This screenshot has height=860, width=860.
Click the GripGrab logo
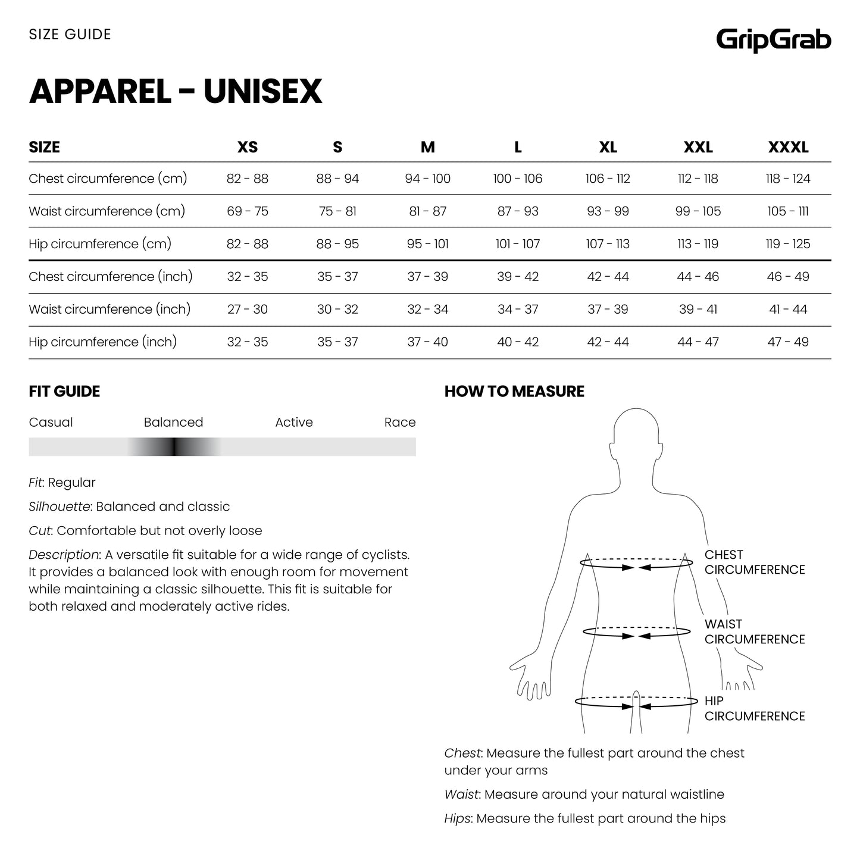pyautogui.click(x=773, y=40)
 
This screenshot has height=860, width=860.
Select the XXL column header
pyautogui.click(x=698, y=147)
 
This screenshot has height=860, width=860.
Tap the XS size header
pyautogui.click(x=248, y=147)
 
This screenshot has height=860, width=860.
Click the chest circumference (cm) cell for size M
pyautogui.click(x=427, y=179)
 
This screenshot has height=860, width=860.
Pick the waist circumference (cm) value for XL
pyautogui.click(x=608, y=211)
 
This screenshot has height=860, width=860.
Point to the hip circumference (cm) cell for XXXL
pyautogui.click(x=788, y=244)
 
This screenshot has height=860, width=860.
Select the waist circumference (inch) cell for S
pyautogui.click(x=337, y=309)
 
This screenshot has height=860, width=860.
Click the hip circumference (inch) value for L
pyautogui.click(x=518, y=342)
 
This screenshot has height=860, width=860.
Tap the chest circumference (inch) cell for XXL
pyautogui.click(x=698, y=277)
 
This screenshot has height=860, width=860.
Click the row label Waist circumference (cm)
pyautogui.click(x=107, y=211)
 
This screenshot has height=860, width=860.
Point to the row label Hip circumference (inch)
pyautogui.click(x=103, y=342)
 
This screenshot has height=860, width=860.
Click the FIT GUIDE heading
pyautogui.click(x=64, y=392)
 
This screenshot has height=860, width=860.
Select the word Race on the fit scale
pyautogui.click(x=399, y=423)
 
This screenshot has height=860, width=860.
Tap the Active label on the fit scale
pyautogui.click(x=294, y=423)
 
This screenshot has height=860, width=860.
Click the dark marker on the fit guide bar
pyautogui.click(x=174, y=447)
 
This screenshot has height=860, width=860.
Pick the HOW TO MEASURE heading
pyautogui.click(x=514, y=392)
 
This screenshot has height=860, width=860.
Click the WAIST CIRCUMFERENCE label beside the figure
pyautogui.click(x=754, y=631)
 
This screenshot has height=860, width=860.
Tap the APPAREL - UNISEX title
pyautogui.click(x=176, y=91)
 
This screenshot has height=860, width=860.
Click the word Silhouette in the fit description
pyautogui.click(x=59, y=507)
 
